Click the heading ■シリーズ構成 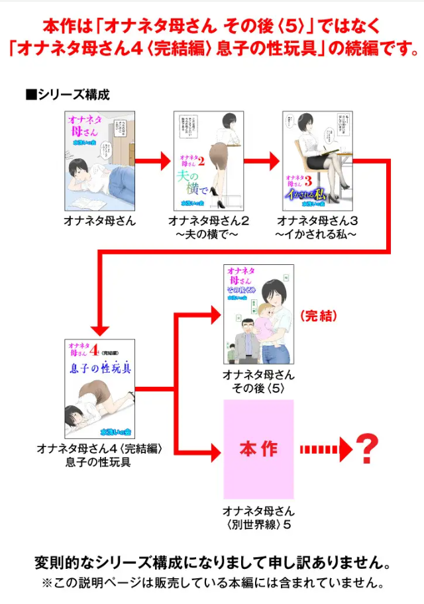click(x=68, y=94)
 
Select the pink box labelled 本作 click(x=258, y=449)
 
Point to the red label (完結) click(x=318, y=316)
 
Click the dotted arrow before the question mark click(x=325, y=450)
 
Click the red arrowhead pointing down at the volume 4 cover click(x=99, y=328)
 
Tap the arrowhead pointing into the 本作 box click(x=213, y=453)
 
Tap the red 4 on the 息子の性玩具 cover click(x=94, y=349)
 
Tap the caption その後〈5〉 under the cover click(x=258, y=388)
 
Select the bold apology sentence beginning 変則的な click(x=212, y=564)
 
